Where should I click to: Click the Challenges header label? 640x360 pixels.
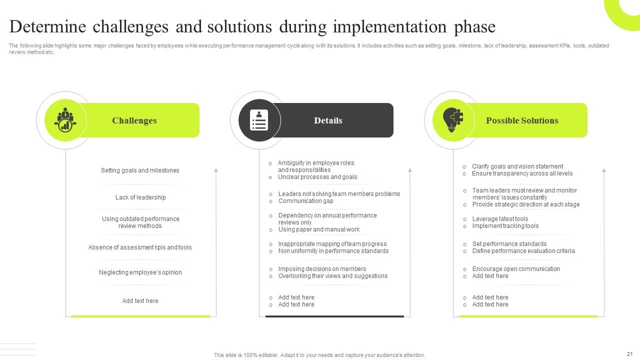point(134,120)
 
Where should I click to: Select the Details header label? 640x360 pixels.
point(328,120)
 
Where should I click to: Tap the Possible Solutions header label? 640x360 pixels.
point(522,120)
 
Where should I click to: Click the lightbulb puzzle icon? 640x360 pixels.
point(453,120)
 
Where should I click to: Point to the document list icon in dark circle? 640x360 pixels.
point(259,120)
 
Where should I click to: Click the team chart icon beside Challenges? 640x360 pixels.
point(65,120)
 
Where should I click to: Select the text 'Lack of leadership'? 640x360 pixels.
point(140,197)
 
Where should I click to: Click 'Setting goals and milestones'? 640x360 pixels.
point(140,170)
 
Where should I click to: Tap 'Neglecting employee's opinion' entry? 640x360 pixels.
point(140,272)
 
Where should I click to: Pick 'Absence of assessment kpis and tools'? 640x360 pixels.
point(140,247)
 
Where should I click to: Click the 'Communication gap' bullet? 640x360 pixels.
point(305,201)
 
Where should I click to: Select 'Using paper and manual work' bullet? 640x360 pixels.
point(318,229)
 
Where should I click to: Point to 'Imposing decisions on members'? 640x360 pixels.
point(322,269)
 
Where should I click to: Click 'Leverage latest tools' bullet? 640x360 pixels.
point(500,219)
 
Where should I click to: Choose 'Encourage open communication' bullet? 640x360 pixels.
point(516,269)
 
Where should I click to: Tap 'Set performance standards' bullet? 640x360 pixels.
point(509,244)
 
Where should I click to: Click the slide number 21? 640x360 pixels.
point(629,354)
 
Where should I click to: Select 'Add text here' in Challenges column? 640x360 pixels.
point(140,301)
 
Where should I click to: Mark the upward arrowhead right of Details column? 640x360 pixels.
point(410,170)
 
